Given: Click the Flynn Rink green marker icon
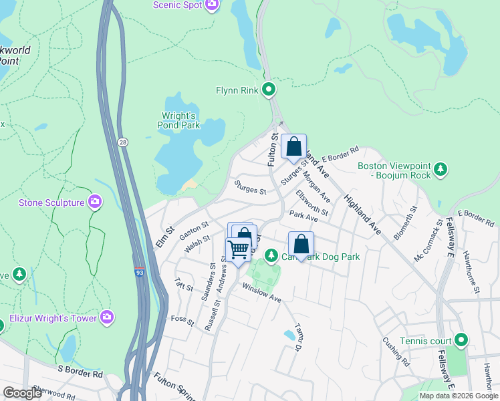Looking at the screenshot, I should pyautogui.click(x=269, y=89).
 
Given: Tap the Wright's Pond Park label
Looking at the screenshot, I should pyautogui.click(x=178, y=120).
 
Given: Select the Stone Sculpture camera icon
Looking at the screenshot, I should pyautogui.click(x=95, y=201).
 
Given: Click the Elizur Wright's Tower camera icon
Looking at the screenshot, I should pyautogui.click(x=106, y=316).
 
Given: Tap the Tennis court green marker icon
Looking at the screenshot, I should pyautogui.click(x=461, y=341).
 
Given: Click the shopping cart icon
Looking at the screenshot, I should pyautogui.click(x=238, y=249).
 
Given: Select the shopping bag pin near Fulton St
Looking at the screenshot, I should pyautogui.click(x=293, y=146).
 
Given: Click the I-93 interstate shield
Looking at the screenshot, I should pyautogui.click(x=138, y=272).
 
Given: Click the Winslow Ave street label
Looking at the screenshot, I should pyautogui.click(x=261, y=292).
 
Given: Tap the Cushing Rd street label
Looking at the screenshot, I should pyautogui.click(x=396, y=351).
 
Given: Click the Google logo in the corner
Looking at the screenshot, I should pyautogui.click(x=23, y=393).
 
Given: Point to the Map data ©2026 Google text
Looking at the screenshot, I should pyautogui.click(x=458, y=396).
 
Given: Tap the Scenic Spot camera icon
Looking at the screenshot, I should pyautogui.click(x=212, y=5).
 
